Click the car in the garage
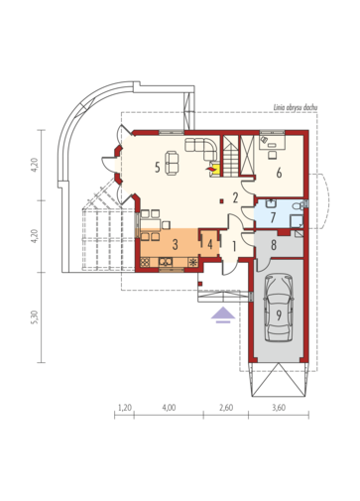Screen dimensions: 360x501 (279, 308)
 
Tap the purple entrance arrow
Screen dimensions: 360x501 (223, 314)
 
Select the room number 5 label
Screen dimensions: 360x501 (158, 168)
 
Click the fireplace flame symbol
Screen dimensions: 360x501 (210, 169)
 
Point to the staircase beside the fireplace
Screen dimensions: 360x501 (231, 156)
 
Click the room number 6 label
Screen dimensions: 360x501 (279, 173)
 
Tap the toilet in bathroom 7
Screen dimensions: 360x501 (297, 206)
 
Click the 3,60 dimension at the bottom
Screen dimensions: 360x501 (279, 408)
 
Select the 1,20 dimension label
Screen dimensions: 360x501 (125, 408)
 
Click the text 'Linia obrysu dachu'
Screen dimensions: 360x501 (296, 107)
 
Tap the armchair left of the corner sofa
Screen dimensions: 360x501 (172, 163)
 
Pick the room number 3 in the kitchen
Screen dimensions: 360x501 (176, 245)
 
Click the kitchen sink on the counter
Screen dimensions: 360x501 (166, 262)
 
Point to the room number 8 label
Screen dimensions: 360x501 (274, 245)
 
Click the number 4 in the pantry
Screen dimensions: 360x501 (210, 245)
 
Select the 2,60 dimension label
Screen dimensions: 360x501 (226, 408)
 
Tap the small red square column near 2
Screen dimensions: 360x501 (221, 200)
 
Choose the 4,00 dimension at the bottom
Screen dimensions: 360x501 (169, 408)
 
